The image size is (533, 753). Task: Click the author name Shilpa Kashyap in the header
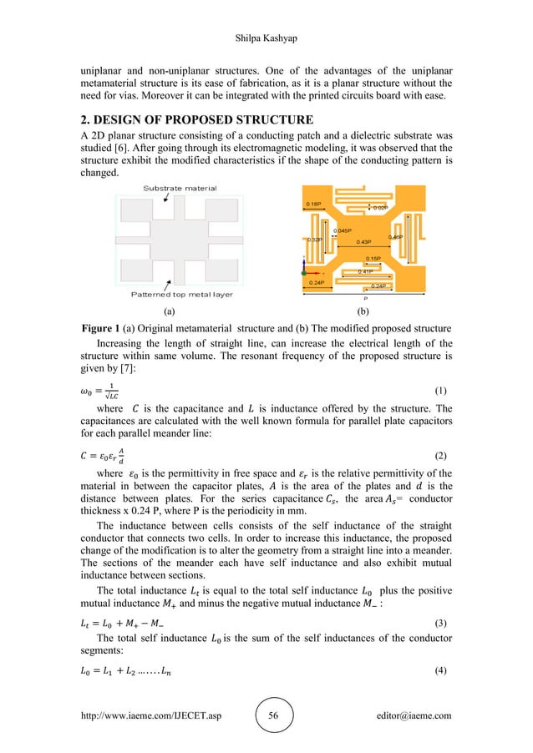coord(266,14)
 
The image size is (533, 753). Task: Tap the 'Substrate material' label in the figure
coord(180,189)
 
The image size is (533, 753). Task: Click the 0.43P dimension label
coord(363,242)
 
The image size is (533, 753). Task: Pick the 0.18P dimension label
coord(313,204)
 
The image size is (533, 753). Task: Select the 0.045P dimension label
coord(343,230)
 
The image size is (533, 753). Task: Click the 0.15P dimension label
coord(373,259)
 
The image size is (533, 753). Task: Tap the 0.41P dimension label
coord(365,272)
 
